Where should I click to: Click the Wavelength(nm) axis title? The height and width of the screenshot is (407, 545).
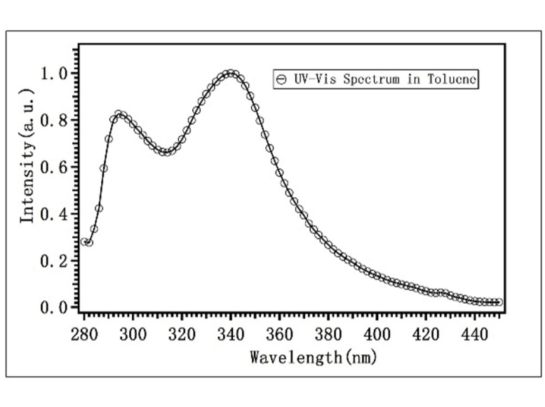point(314,357)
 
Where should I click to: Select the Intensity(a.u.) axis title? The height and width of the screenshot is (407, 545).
point(27,156)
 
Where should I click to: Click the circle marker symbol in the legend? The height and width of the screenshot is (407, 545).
point(280,79)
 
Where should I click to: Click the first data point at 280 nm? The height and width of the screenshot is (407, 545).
point(84,242)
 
